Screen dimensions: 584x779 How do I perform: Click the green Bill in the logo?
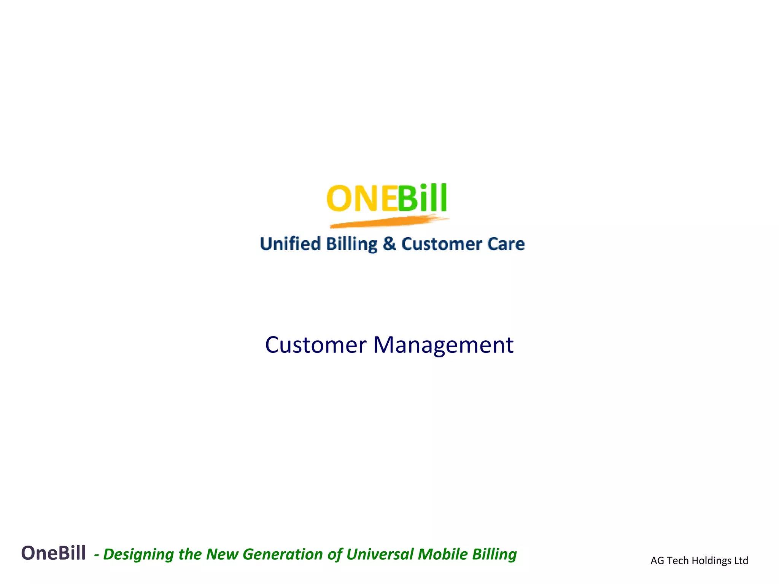coord(422,198)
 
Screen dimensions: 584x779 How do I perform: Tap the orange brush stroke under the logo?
coord(388,222)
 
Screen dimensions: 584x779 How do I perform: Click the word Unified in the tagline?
coord(290,244)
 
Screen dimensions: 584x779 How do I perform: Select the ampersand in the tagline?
coord(389,244)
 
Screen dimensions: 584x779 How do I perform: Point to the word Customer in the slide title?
coord(315,345)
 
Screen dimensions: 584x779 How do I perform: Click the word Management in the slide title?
coord(443,345)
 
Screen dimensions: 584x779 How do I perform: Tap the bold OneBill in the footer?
coord(53,553)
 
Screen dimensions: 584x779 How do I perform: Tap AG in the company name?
coord(657,561)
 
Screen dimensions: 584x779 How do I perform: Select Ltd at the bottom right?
coord(741,561)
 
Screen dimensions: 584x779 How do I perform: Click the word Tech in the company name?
coord(677,561)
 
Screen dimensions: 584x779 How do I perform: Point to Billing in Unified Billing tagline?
coord(352,244)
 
